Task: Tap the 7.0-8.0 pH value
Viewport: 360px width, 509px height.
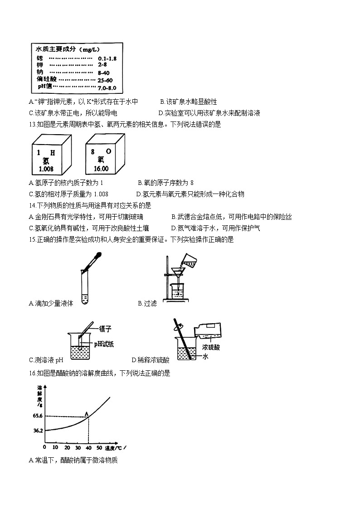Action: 107,87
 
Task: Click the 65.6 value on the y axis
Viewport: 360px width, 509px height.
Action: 38,416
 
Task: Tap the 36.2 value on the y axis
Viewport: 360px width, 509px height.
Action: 38,431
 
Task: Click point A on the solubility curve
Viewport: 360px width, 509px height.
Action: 87,413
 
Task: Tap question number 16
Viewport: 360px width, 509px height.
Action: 32,373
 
